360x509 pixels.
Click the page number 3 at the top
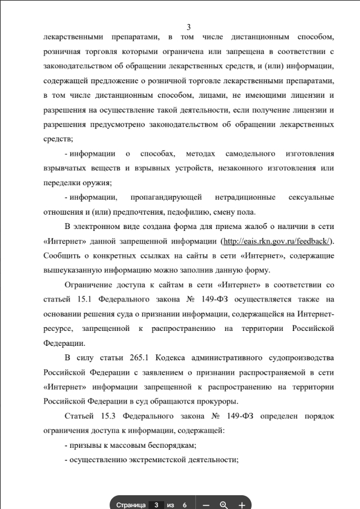click(189, 27)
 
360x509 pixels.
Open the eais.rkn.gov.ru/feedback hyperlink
click(276, 240)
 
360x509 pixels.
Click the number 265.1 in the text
click(140, 358)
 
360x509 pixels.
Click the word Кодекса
click(174, 358)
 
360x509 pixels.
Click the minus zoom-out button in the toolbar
click(206, 505)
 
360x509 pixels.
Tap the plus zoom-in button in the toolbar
click(241, 505)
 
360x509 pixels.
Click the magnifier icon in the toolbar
click(224, 505)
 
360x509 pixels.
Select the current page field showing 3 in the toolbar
click(156, 505)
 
